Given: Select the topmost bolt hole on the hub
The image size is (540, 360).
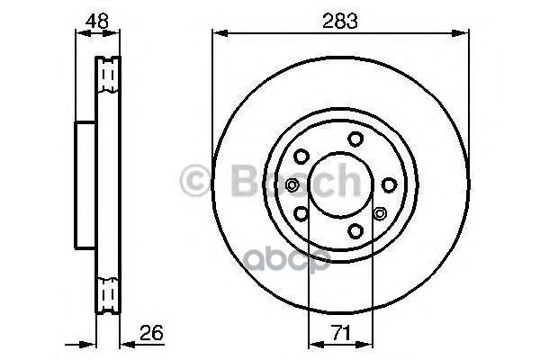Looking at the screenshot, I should click(x=355, y=138).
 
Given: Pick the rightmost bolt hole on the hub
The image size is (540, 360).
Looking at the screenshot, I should click(x=389, y=184).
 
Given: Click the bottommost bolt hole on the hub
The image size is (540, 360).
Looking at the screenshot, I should click(x=355, y=231).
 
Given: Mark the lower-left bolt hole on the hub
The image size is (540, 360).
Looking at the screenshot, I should click(x=301, y=213).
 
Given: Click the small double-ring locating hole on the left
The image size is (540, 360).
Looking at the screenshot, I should click(x=291, y=185).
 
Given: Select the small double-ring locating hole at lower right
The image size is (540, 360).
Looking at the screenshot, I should click(x=379, y=213).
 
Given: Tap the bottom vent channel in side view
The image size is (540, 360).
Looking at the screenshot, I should click(x=107, y=293).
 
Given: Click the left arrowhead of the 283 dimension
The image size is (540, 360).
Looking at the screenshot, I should click(x=217, y=33).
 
